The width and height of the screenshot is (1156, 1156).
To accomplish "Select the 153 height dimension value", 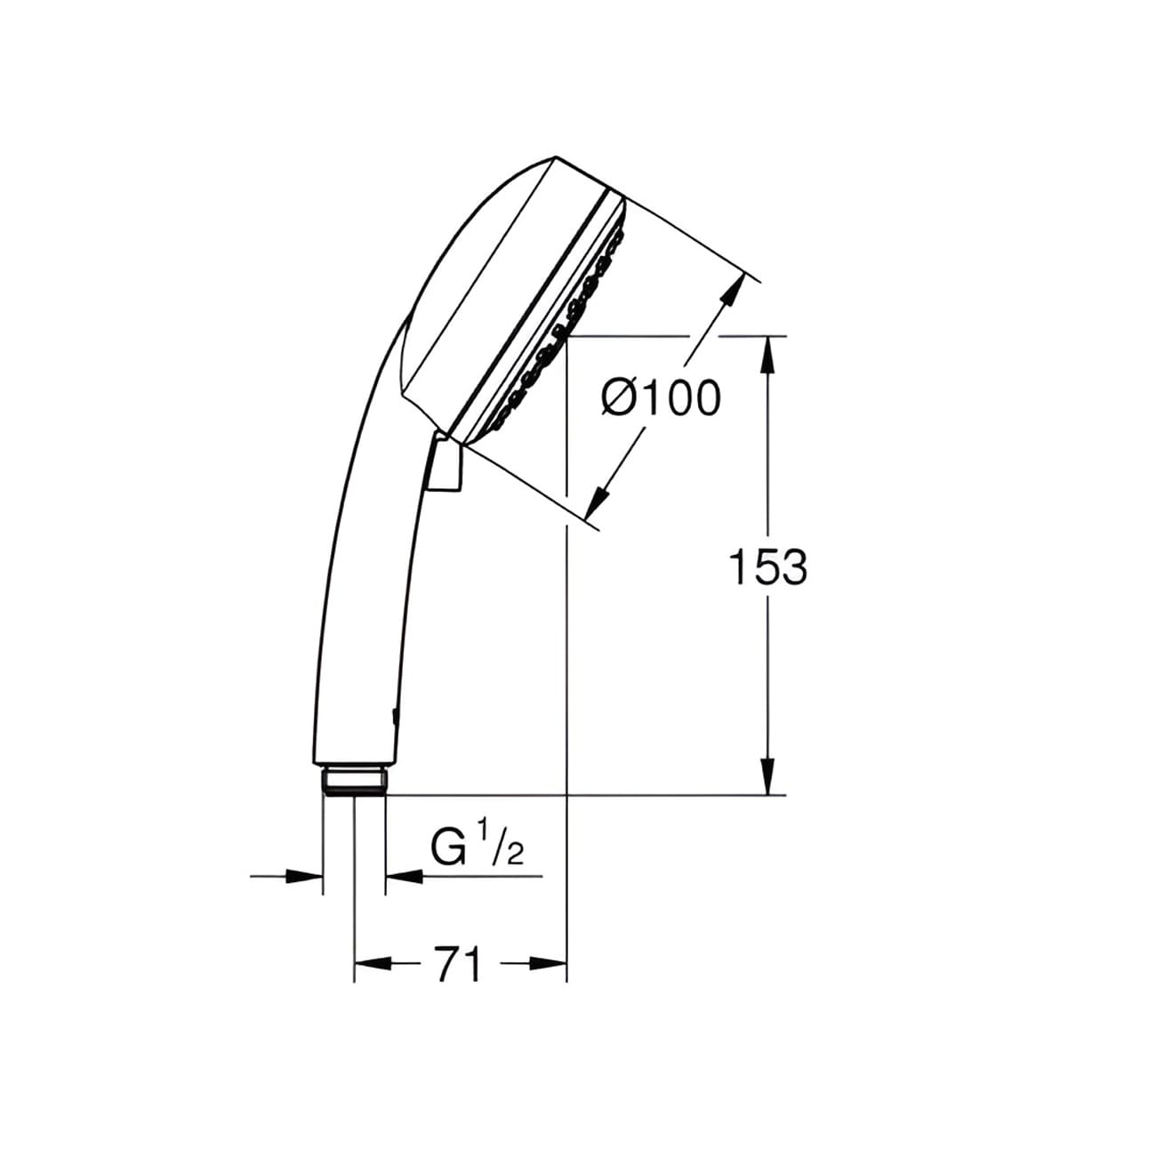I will [x=767, y=567].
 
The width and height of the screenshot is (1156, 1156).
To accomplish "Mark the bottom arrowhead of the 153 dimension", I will [x=769, y=777].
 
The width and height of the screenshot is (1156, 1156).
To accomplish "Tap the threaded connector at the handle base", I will [x=354, y=780].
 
